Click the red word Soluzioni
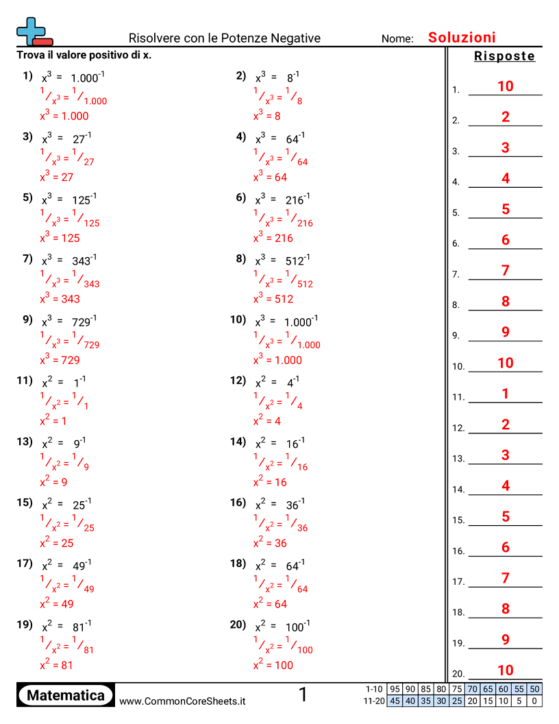pyautogui.click(x=462, y=38)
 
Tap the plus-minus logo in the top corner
pyautogui.click(x=33, y=32)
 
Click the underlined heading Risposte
pyautogui.click(x=504, y=56)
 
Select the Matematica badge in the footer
pyautogui.click(x=66, y=695)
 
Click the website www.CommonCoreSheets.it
pyautogui.click(x=182, y=701)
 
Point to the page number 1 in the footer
pyautogui.click(x=303, y=695)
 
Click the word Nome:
pyautogui.click(x=397, y=39)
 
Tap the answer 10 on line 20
pyautogui.click(x=506, y=670)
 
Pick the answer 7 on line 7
pyautogui.click(x=506, y=270)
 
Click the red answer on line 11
pyautogui.click(x=506, y=394)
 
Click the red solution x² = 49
pyautogui.click(x=57, y=604)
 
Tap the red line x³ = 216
pyautogui.click(x=273, y=239)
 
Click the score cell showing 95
pyautogui.click(x=395, y=689)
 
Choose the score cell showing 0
pyautogui.click(x=534, y=701)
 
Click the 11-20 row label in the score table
pyautogui.click(x=375, y=701)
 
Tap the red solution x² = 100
pyautogui.click(x=273, y=665)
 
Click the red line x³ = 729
pyautogui.click(x=60, y=360)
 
